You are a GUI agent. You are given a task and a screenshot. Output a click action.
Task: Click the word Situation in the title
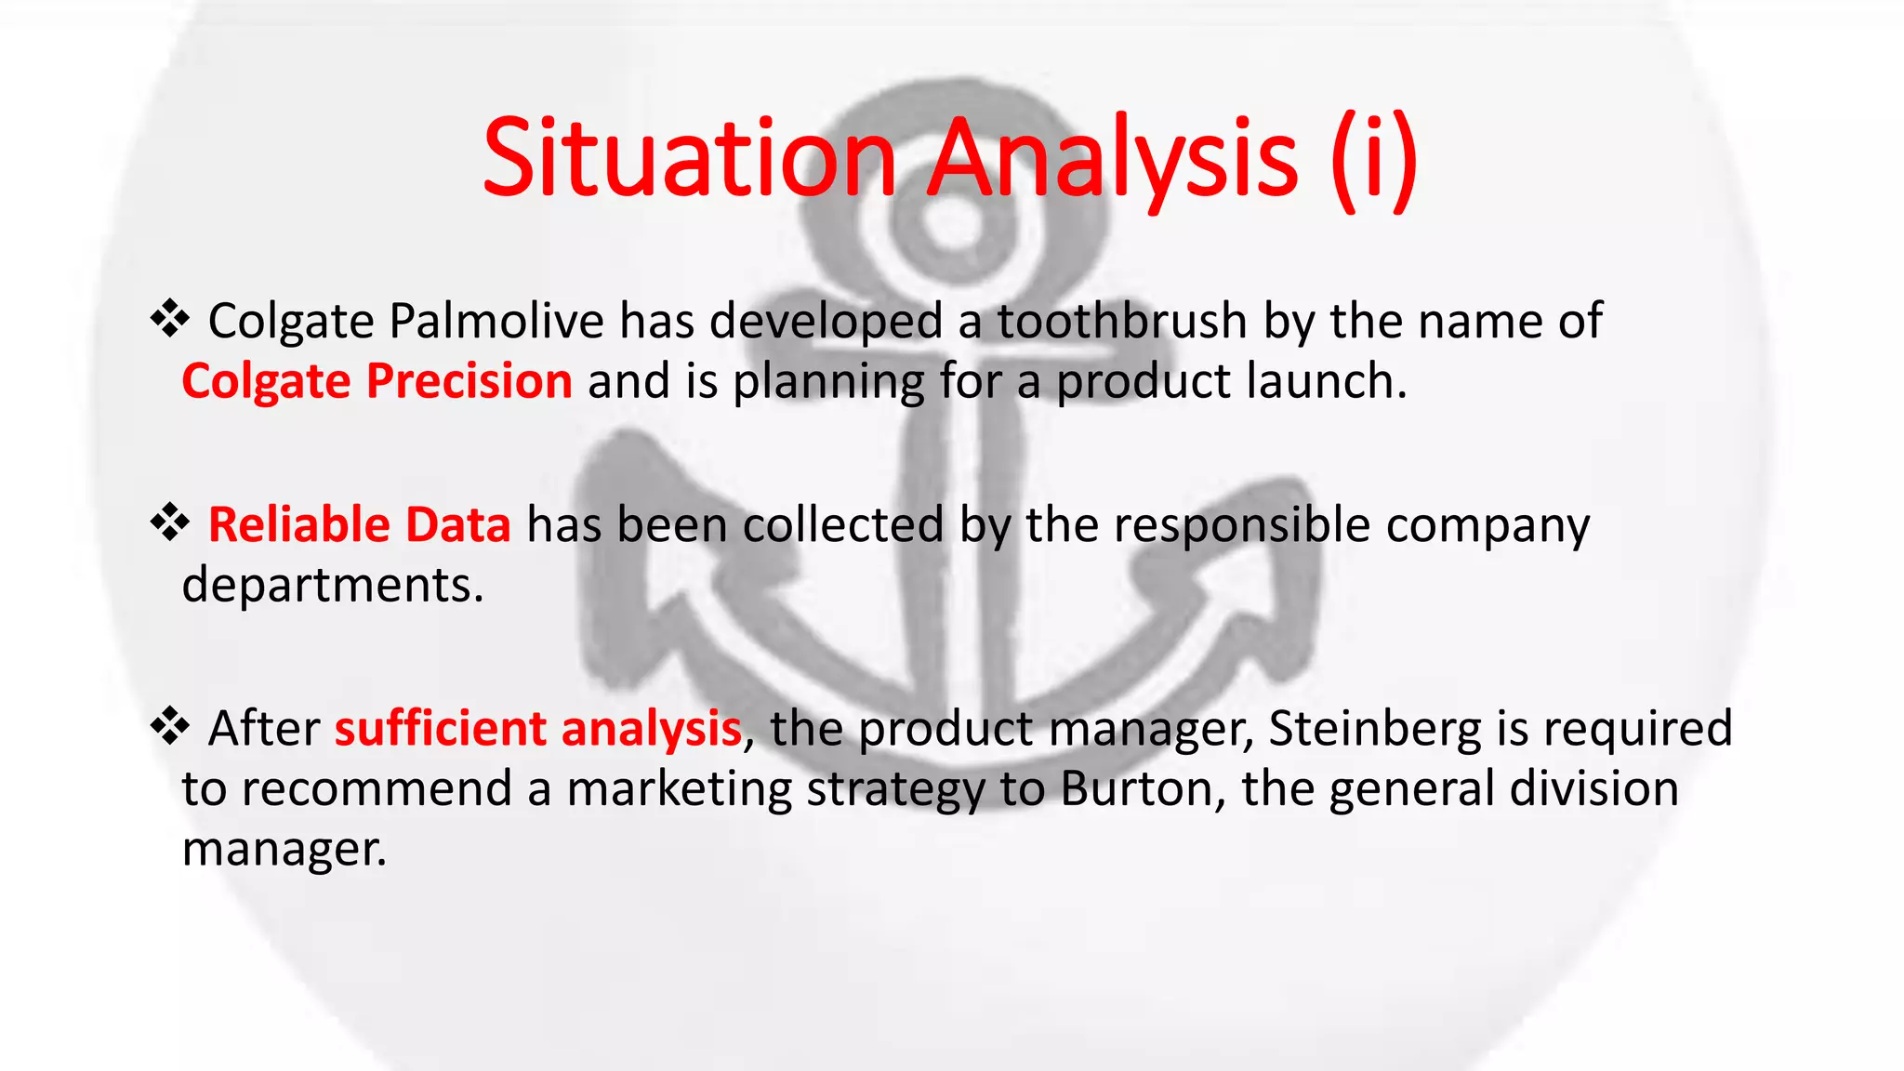pyautogui.click(x=689, y=158)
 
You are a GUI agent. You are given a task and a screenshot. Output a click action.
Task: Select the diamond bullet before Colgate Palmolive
pyautogui.click(x=170, y=319)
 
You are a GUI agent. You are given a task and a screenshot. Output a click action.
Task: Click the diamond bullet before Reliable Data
pyautogui.click(x=170, y=522)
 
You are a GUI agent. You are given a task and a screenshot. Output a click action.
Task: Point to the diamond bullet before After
pyautogui.click(x=170, y=726)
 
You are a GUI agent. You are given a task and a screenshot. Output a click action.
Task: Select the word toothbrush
pyautogui.click(x=1122, y=321)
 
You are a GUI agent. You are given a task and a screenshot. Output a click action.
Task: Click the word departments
pyautogui.click(x=332, y=586)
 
